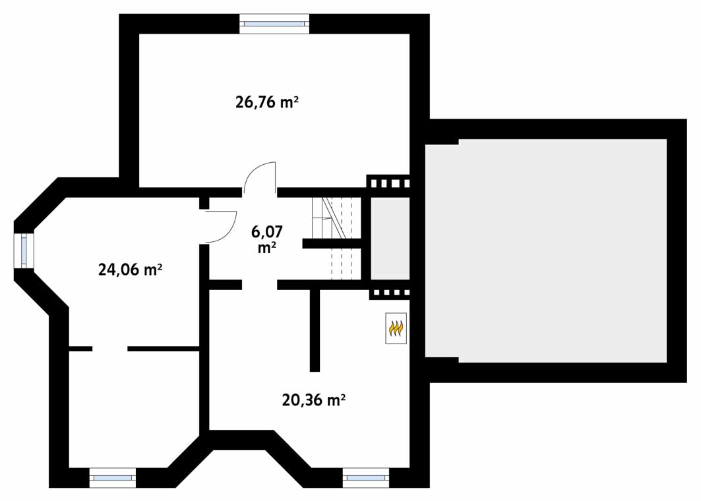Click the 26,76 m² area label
click(x=267, y=102)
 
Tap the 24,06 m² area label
click(x=130, y=270)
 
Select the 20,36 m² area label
click(x=314, y=399)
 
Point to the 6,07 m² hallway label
click(x=267, y=239)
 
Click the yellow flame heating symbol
click(x=396, y=328)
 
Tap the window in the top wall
click(x=274, y=24)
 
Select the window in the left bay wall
click(x=24, y=250)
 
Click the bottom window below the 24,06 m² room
click(x=113, y=478)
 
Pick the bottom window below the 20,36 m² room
click(x=366, y=478)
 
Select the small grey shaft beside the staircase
click(x=390, y=238)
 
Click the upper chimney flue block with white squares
click(x=388, y=183)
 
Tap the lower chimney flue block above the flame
click(x=389, y=293)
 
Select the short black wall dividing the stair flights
click(x=331, y=243)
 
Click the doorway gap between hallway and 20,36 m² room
click(x=260, y=284)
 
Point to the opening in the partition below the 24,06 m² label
click(x=110, y=349)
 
